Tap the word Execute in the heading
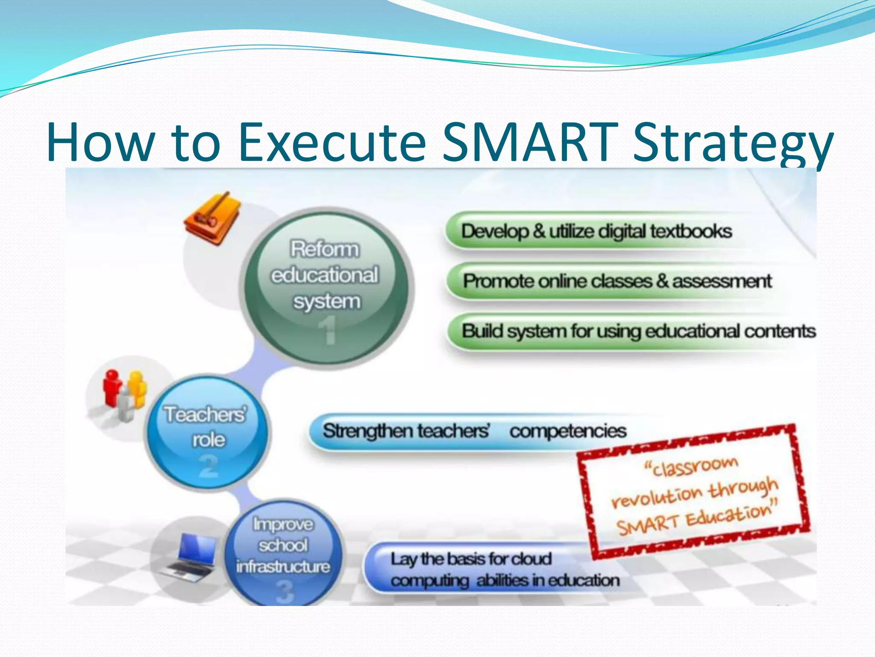332,142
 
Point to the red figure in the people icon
112,387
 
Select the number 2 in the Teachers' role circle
208,466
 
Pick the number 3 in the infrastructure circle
285,592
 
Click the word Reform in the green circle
325,249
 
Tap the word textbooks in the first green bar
691,231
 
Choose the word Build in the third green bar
482,331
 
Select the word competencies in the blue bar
568,431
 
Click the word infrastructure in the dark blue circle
283,567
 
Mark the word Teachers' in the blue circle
206,414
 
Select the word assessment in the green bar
722,281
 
